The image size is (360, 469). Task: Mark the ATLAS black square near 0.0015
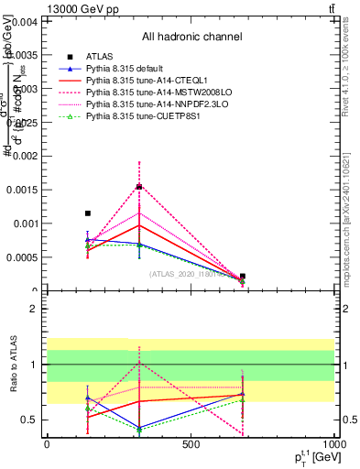tap(139, 187)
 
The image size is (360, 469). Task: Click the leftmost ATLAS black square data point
tap(88, 213)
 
